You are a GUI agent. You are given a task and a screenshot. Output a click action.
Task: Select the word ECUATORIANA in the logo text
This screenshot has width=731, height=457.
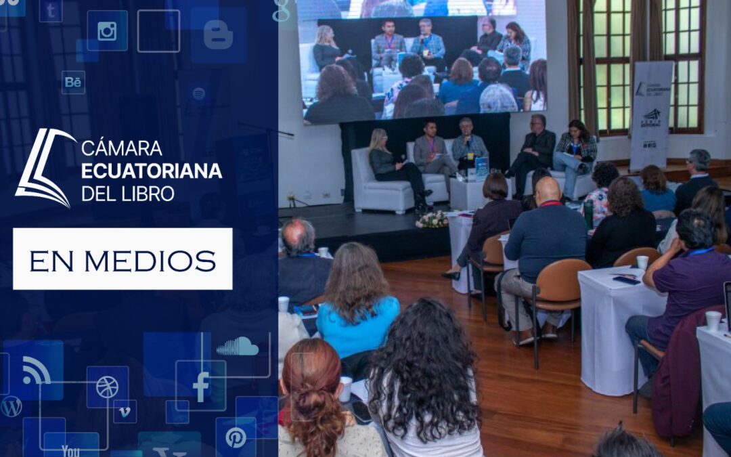click(152, 171)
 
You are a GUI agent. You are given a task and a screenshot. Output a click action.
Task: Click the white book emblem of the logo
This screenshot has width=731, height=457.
click(45, 167)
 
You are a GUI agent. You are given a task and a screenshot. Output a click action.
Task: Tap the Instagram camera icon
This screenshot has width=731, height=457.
click(107, 31)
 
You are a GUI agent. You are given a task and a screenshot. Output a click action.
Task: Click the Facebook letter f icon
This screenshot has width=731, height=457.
click(201, 387)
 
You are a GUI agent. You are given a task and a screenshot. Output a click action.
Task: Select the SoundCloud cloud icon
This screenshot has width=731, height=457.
click(237, 347)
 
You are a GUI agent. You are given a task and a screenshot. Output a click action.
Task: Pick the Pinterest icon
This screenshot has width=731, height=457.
click(236, 437)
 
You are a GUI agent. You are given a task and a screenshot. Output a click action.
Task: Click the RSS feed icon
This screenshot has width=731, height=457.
click(36, 370)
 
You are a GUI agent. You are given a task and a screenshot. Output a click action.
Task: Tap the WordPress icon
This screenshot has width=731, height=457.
click(12, 406)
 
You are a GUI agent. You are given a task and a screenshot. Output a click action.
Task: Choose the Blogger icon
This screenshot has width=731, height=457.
click(218, 35)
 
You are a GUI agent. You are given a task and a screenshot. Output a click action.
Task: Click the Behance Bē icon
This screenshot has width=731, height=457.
click(73, 82)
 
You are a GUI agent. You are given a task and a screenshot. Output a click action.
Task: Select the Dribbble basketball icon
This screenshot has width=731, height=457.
click(107, 387)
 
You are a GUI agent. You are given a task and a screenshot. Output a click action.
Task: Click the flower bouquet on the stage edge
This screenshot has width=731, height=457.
click(431, 219)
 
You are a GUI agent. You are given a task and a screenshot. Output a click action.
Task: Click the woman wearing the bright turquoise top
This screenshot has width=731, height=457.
click(357, 305)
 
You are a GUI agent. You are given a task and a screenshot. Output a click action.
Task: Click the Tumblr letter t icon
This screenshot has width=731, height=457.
click(51, 10)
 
